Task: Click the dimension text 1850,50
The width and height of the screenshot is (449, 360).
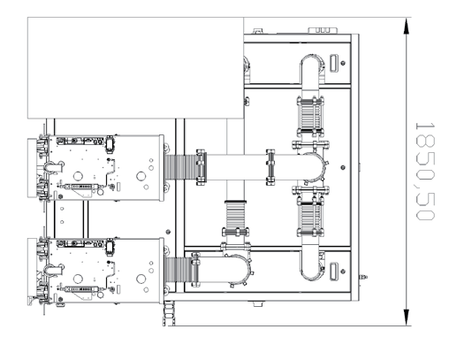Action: (x=425, y=172)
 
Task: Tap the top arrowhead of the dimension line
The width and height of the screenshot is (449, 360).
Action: (x=407, y=26)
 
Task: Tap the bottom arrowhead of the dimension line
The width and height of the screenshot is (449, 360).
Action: (x=407, y=318)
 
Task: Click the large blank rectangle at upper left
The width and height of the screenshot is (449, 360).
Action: (x=135, y=68)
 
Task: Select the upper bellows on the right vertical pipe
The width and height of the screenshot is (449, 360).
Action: (x=310, y=117)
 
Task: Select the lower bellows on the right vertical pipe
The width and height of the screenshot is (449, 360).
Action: (x=310, y=217)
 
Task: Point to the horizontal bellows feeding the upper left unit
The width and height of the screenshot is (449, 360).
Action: (x=180, y=167)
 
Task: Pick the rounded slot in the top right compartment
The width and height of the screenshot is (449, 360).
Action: (x=333, y=63)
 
